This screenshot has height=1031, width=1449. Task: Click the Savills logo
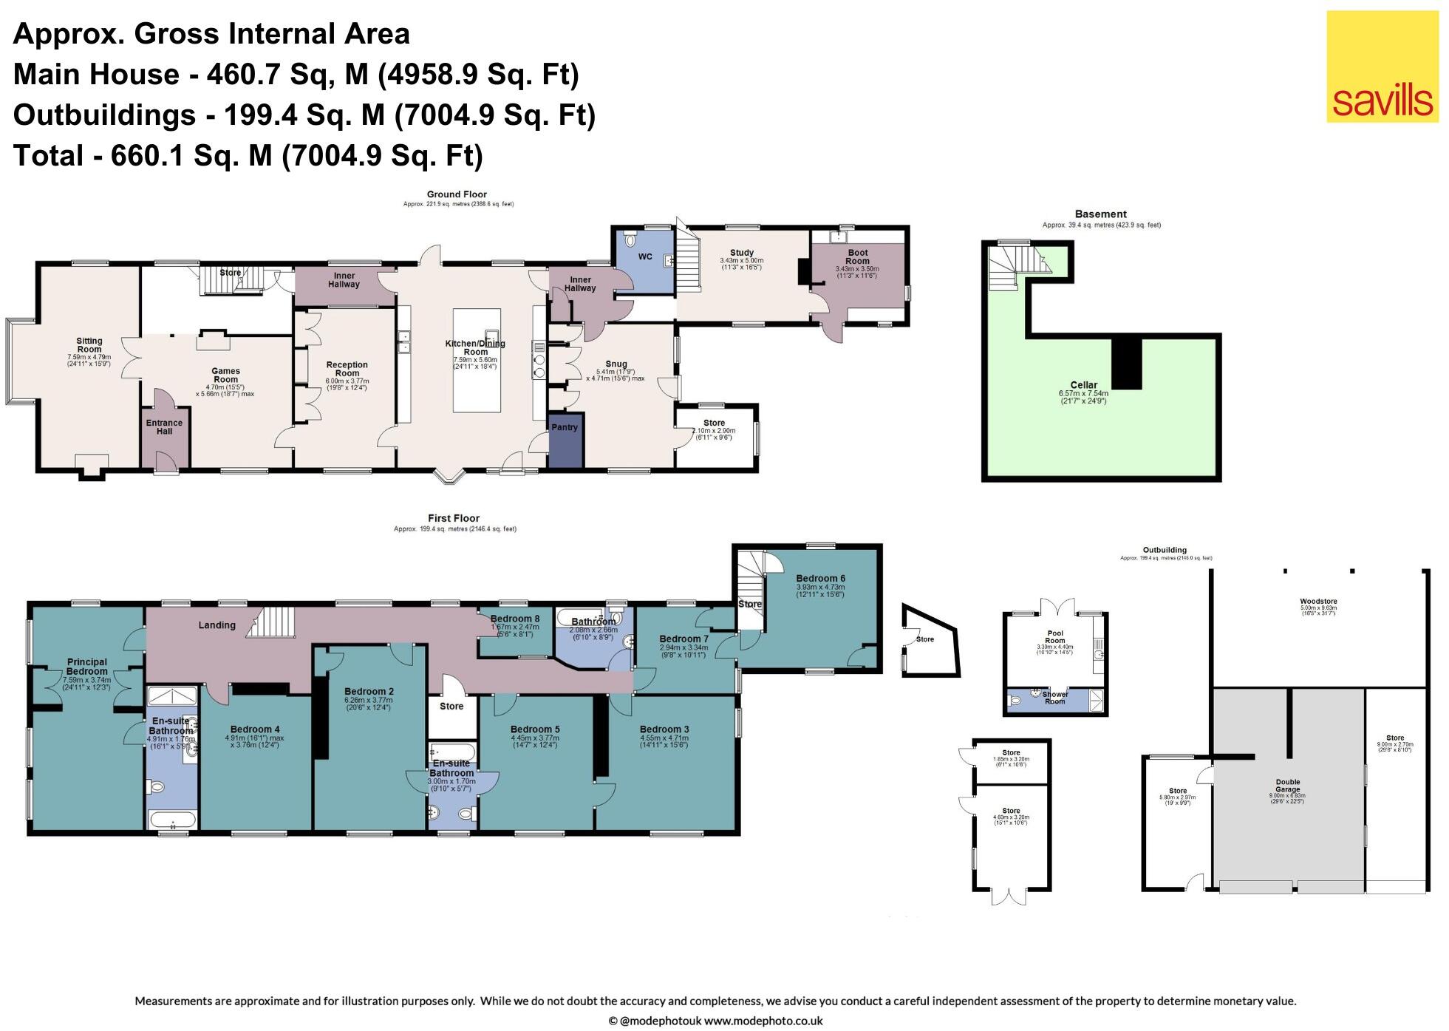pos(1382,67)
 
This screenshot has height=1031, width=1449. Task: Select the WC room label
pos(644,257)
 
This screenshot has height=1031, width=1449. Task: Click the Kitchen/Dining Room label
pos(475,347)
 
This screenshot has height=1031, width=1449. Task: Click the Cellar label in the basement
pos(1083,385)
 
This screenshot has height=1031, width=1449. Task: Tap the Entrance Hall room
pos(164,427)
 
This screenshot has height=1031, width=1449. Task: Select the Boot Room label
pos(857,257)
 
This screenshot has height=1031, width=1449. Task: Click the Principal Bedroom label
pos(87,667)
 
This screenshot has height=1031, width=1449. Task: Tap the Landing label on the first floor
pos(217,625)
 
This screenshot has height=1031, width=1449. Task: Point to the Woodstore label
pos(1318,602)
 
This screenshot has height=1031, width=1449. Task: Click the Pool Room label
pos(1054,637)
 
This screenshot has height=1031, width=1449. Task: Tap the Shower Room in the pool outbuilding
pos(1054,698)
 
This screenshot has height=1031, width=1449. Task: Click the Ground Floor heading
pos(457,194)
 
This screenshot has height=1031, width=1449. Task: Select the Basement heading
pos(1100,214)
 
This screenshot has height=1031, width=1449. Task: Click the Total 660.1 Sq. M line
pos(248,156)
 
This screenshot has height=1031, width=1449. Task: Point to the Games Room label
pos(225,375)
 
